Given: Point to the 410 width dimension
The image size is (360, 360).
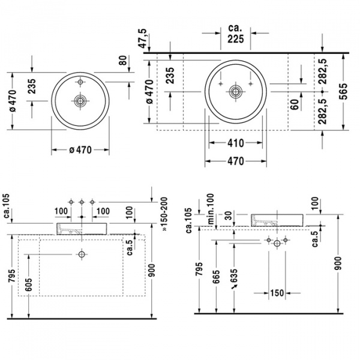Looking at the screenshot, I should (x=235, y=143).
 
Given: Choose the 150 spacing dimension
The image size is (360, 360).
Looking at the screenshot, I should (x=277, y=293).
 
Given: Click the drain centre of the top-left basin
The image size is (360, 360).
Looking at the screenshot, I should (x=80, y=99).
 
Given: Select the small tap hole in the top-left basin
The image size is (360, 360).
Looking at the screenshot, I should (x=80, y=80).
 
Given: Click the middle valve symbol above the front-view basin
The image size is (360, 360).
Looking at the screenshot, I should (x=82, y=202).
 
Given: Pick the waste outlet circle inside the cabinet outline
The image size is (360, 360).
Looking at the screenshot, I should (x=82, y=254).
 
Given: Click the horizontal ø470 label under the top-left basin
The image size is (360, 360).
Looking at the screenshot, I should (x=80, y=151).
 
